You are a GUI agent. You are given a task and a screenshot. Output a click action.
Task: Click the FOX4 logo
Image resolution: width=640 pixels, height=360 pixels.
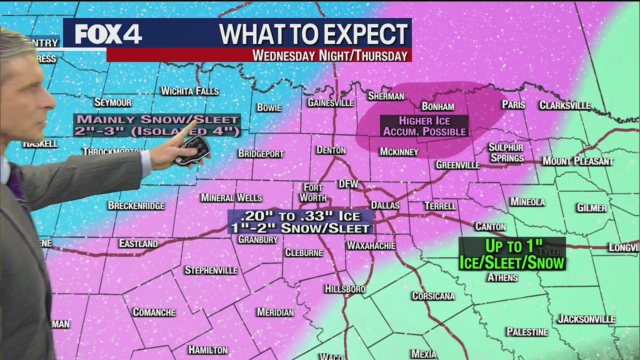coord(108,34)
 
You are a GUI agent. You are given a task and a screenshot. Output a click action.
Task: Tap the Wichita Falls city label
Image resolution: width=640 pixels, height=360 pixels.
coord(189,91)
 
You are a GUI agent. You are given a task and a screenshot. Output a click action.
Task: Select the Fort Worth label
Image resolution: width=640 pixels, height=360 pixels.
coord(313,192)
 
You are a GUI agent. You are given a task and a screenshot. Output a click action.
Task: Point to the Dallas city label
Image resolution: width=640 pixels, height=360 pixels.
coord(385,205)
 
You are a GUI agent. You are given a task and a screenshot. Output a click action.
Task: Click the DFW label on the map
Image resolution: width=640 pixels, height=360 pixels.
coord(348,184)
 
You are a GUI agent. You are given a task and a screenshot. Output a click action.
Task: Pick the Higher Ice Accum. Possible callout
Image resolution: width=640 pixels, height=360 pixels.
coord(424,126)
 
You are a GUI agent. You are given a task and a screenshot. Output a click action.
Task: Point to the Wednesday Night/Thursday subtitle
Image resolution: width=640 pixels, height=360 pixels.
coord(329,55)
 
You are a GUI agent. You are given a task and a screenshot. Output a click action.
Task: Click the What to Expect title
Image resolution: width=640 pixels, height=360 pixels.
coord(313,34)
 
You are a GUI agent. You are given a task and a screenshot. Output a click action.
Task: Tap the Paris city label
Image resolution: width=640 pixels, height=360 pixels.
coord(513,104)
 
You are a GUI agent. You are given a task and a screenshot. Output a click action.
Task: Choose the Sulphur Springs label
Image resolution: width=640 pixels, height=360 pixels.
coord(506,152)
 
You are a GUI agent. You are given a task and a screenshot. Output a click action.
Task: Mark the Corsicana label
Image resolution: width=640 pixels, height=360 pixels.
coord(433,296)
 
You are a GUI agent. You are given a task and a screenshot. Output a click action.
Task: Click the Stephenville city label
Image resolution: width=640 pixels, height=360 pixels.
coord(211,270)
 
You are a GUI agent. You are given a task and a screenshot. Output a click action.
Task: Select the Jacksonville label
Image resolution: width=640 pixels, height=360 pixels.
coord(586,319)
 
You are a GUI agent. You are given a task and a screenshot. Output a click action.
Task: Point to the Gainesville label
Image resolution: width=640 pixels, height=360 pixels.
coord(330,102)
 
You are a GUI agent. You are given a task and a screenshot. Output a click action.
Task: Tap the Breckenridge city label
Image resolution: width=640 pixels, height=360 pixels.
coord(136,205)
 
